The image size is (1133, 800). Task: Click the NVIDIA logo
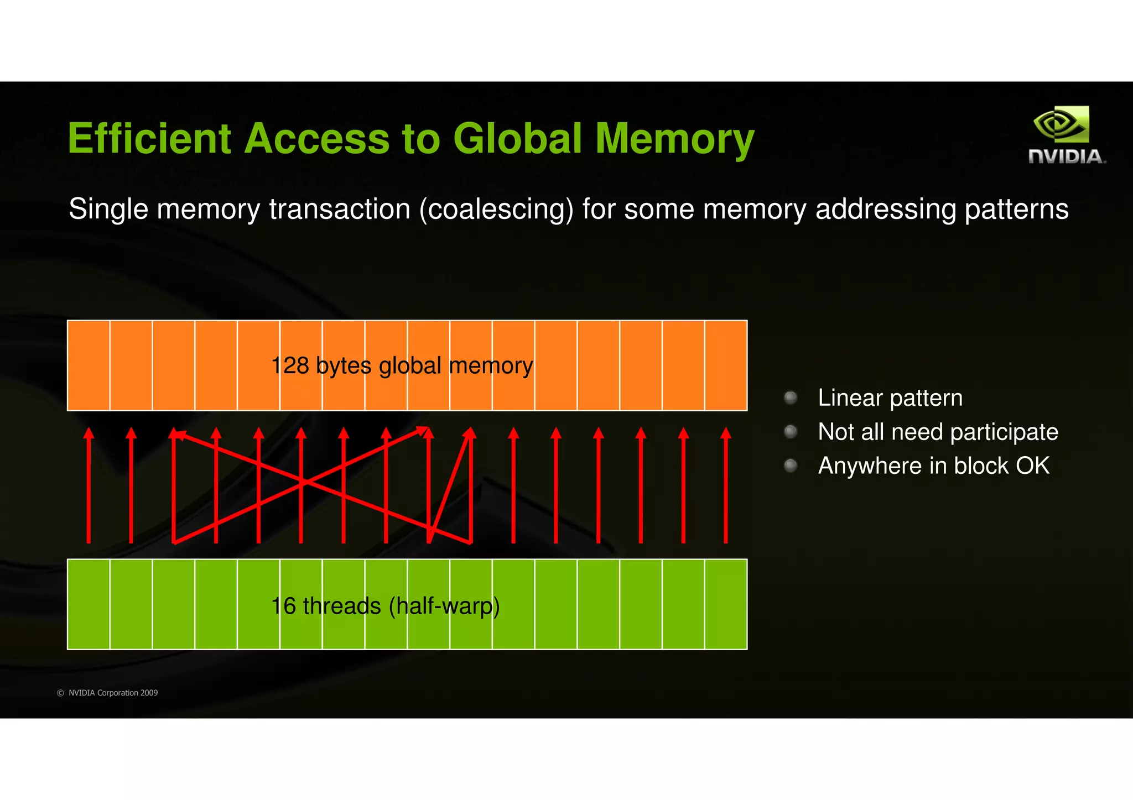pos(1066,135)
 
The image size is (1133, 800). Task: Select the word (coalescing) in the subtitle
pos(496,210)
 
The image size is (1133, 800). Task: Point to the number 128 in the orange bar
pos(290,365)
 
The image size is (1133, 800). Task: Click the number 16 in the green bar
pos(283,606)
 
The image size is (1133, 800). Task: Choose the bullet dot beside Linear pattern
pos(791,398)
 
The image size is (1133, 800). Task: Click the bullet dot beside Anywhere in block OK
pos(791,466)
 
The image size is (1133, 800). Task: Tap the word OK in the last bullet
pos(1032,466)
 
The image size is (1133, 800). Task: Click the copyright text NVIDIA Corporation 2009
pos(113,693)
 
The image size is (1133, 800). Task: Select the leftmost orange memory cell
pos(89,365)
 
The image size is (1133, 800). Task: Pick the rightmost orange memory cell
pos(726,365)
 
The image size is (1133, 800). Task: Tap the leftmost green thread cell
pos(89,604)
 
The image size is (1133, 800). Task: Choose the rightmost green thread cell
pos(726,604)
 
